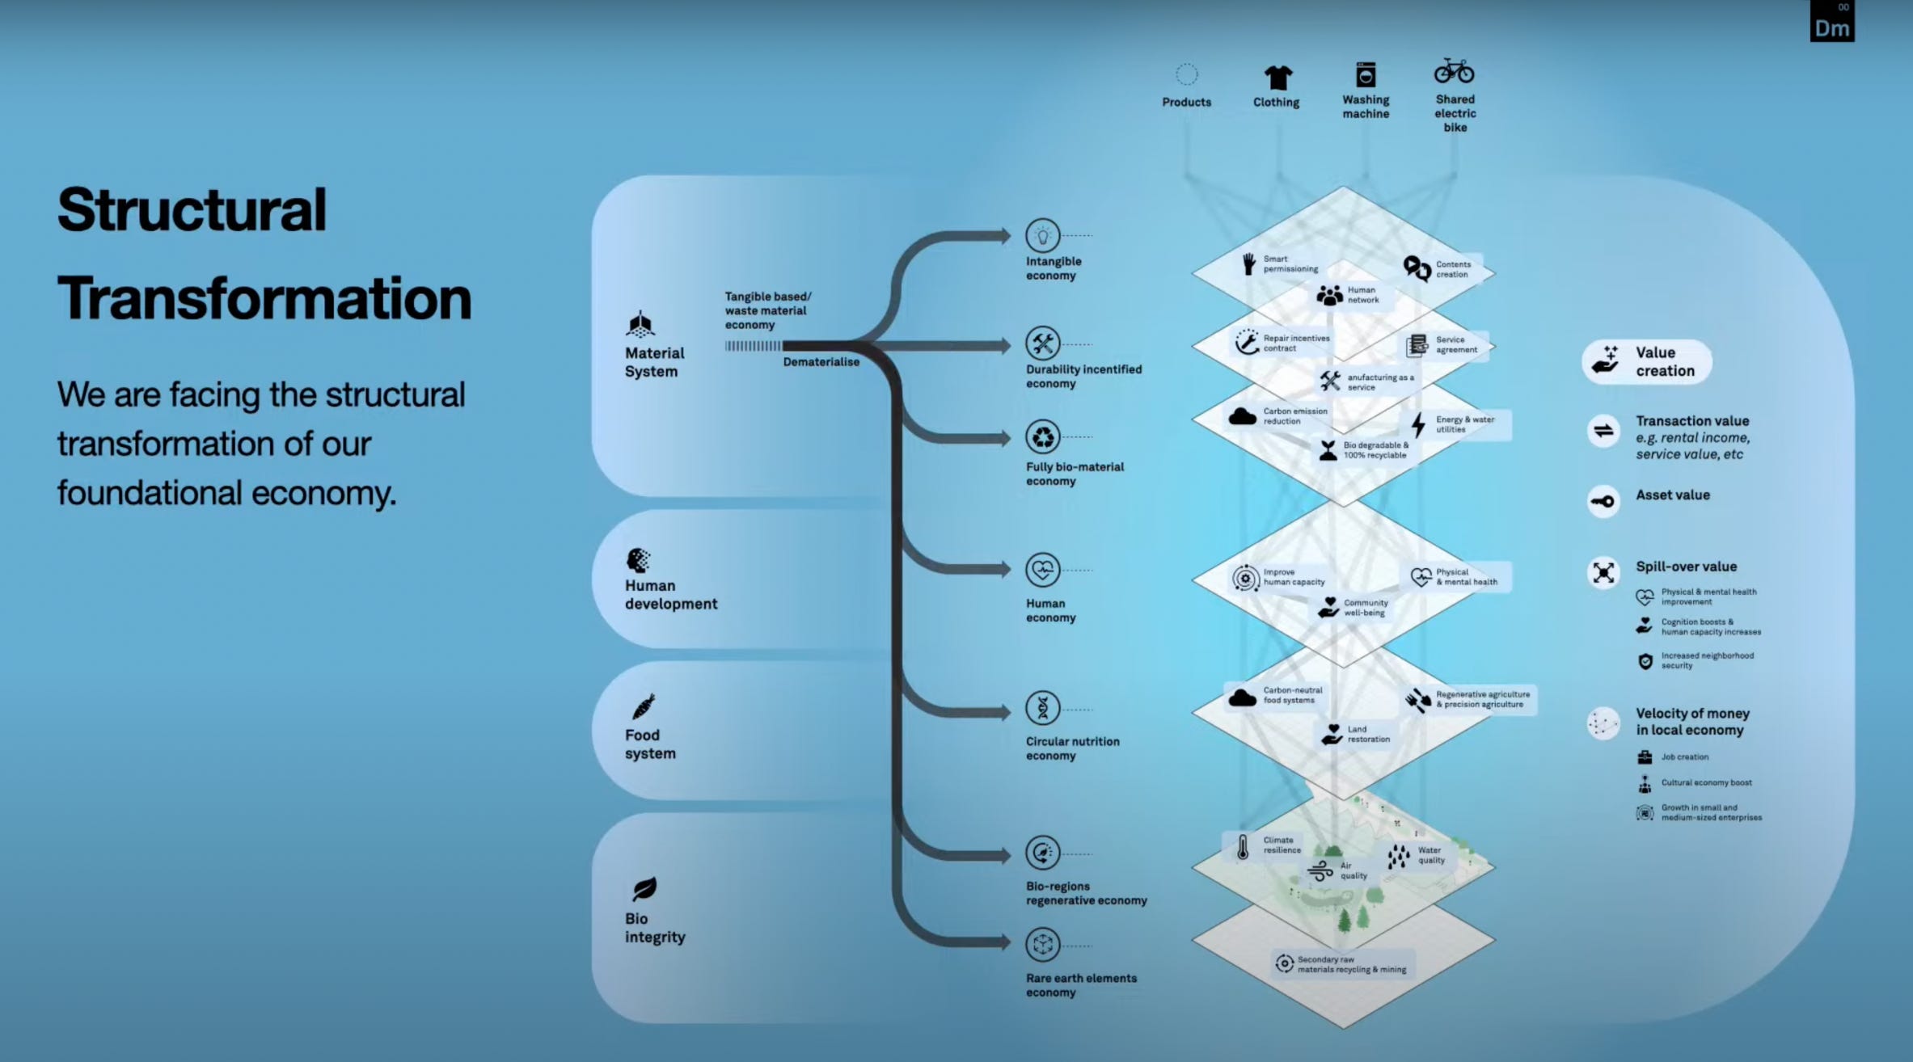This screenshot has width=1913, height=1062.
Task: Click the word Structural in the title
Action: point(192,210)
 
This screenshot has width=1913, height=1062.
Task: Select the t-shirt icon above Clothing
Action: point(1277,78)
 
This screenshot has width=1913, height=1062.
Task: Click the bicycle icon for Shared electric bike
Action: point(1454,71)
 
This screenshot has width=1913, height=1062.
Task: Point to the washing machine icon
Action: point(1366,75)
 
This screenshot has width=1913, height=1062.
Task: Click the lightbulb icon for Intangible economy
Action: point(1042,236)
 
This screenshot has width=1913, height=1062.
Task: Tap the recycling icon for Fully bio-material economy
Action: point(1043,437)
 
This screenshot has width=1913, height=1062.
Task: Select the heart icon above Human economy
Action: point(1042,571)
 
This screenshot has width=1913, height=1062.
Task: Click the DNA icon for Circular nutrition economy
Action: point(1043,709)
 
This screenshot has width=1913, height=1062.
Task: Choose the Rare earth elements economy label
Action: point(1081,985)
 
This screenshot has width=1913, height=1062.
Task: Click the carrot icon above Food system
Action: point(644,707)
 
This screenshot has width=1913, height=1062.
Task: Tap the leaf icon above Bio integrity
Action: point(644,889)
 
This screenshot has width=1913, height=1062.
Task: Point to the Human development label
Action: point(670,595)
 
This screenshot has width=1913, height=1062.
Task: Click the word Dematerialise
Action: point(821,362)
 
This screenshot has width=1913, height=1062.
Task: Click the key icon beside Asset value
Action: point(1603,501)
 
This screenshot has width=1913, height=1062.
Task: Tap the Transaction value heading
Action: point(1692,421)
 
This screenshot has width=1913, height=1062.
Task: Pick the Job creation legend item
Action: point(1684,757)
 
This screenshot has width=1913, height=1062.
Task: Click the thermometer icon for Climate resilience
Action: point(1243,847)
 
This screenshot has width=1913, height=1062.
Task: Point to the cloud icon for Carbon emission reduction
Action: point(1242,417)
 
